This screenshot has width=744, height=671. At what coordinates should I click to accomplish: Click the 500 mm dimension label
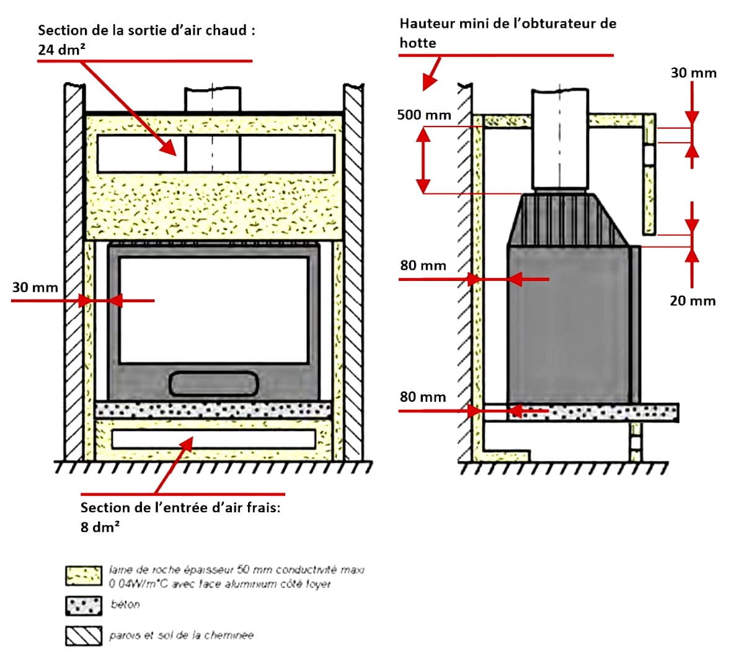pos(423,115)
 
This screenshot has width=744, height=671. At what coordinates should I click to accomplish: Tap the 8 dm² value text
pos(100,528)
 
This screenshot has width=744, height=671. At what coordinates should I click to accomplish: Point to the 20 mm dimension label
pos(692,301)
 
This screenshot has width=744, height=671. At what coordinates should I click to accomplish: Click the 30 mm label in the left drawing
pos(35,287)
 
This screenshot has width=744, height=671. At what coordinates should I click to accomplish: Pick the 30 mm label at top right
pos(693,73)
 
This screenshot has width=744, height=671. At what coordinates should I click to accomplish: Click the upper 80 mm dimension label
pos(423,265)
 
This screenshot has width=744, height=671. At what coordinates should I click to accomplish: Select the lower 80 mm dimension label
pos(422,397)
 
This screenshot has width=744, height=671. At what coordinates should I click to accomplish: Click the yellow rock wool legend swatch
pos(84,575)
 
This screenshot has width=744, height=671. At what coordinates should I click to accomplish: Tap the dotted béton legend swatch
pos(84,606)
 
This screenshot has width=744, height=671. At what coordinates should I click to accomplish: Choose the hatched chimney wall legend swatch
pos(84,636)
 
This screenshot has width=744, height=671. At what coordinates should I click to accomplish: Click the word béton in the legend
pos(125,605)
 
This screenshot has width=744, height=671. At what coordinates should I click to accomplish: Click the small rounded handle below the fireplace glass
pos(213,384)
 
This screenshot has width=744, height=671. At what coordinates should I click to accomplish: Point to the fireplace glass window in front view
pos(213,310)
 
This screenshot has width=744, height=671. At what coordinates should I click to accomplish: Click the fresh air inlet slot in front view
pos(213,439)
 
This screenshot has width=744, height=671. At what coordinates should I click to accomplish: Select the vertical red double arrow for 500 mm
pos(423,161)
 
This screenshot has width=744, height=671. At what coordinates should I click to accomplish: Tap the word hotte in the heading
pos(417,43)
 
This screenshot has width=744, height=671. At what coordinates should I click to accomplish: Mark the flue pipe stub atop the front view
pos(213,99)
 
